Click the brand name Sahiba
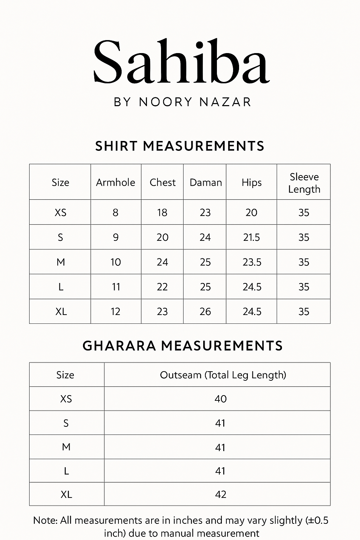(181, 62)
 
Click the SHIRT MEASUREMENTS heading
(180, 146)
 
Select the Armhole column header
(116, 182)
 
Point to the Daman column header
(206, 182)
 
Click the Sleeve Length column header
(304, 183)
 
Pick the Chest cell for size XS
(162, 212)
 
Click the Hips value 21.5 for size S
(251, 237)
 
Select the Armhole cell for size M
(116, 262)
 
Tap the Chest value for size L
(162, 287)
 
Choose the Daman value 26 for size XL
(205, 311)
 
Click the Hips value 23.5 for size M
(252, 262)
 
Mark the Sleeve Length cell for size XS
(304, 212)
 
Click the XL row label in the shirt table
(61, 311)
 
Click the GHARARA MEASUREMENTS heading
(182, 346)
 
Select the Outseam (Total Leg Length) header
(223, 375)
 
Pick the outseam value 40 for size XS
(220, 399)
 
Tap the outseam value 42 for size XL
(220, 494)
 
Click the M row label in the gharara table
(66, 447)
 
